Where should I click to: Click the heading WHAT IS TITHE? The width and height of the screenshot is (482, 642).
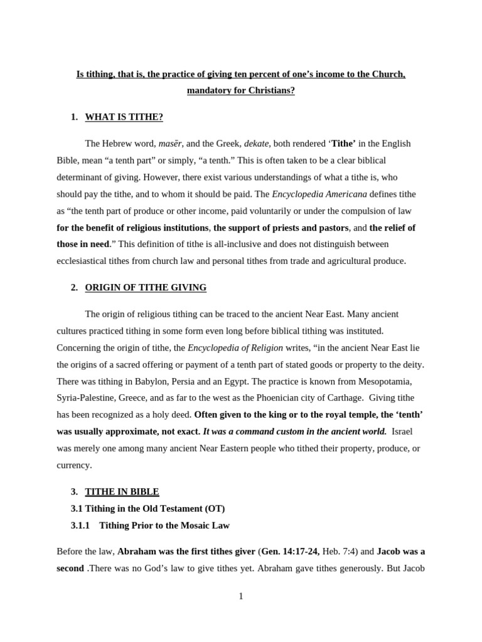124,117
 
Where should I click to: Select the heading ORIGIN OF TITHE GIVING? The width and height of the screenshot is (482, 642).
146,287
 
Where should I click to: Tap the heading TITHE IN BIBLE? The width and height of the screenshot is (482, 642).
122,492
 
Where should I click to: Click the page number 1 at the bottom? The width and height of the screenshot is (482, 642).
241,596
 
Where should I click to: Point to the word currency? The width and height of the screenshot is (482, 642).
74,465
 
